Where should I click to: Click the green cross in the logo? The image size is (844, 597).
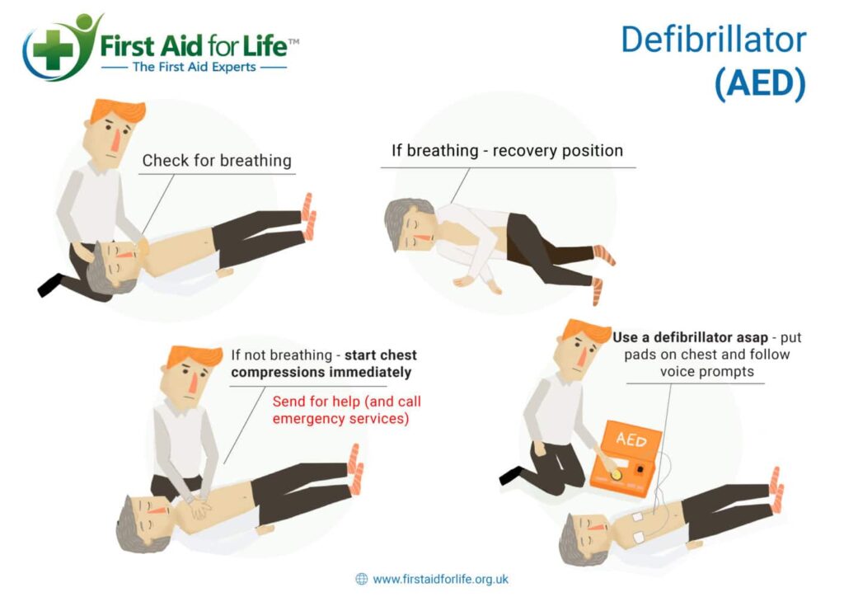pyautogui.click(x=54, y=52)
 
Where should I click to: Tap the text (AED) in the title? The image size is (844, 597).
pyautogui.click(x=759, y=84)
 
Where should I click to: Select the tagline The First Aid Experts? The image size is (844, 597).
pyautogui.click(x=195, y=67)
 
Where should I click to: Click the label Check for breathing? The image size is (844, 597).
pyautogui.click(x=217, y=160)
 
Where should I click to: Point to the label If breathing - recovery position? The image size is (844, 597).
pyautogui.click(x=507, y=151)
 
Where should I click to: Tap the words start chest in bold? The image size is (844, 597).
pyautogui.click(x=381, y=355)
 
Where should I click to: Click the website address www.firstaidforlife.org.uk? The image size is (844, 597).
pyautogui.click(x=441, y=579)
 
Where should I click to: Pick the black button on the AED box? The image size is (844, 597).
pyautogui.click(x=640, y=470)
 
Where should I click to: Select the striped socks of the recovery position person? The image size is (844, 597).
pyautogui.click(x=603, y=256)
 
